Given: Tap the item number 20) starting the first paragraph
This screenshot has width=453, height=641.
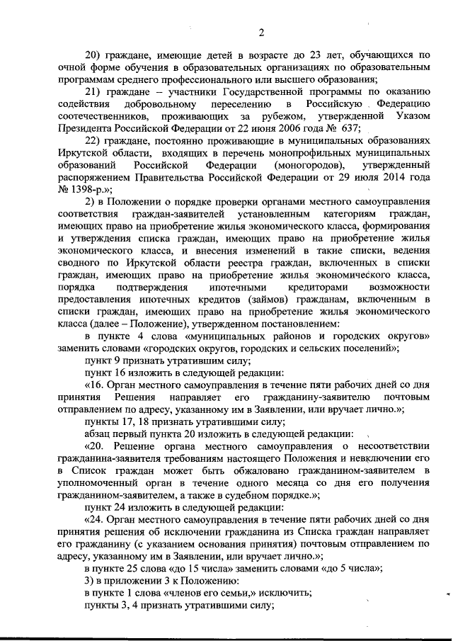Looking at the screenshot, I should (x=93, y=54).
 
